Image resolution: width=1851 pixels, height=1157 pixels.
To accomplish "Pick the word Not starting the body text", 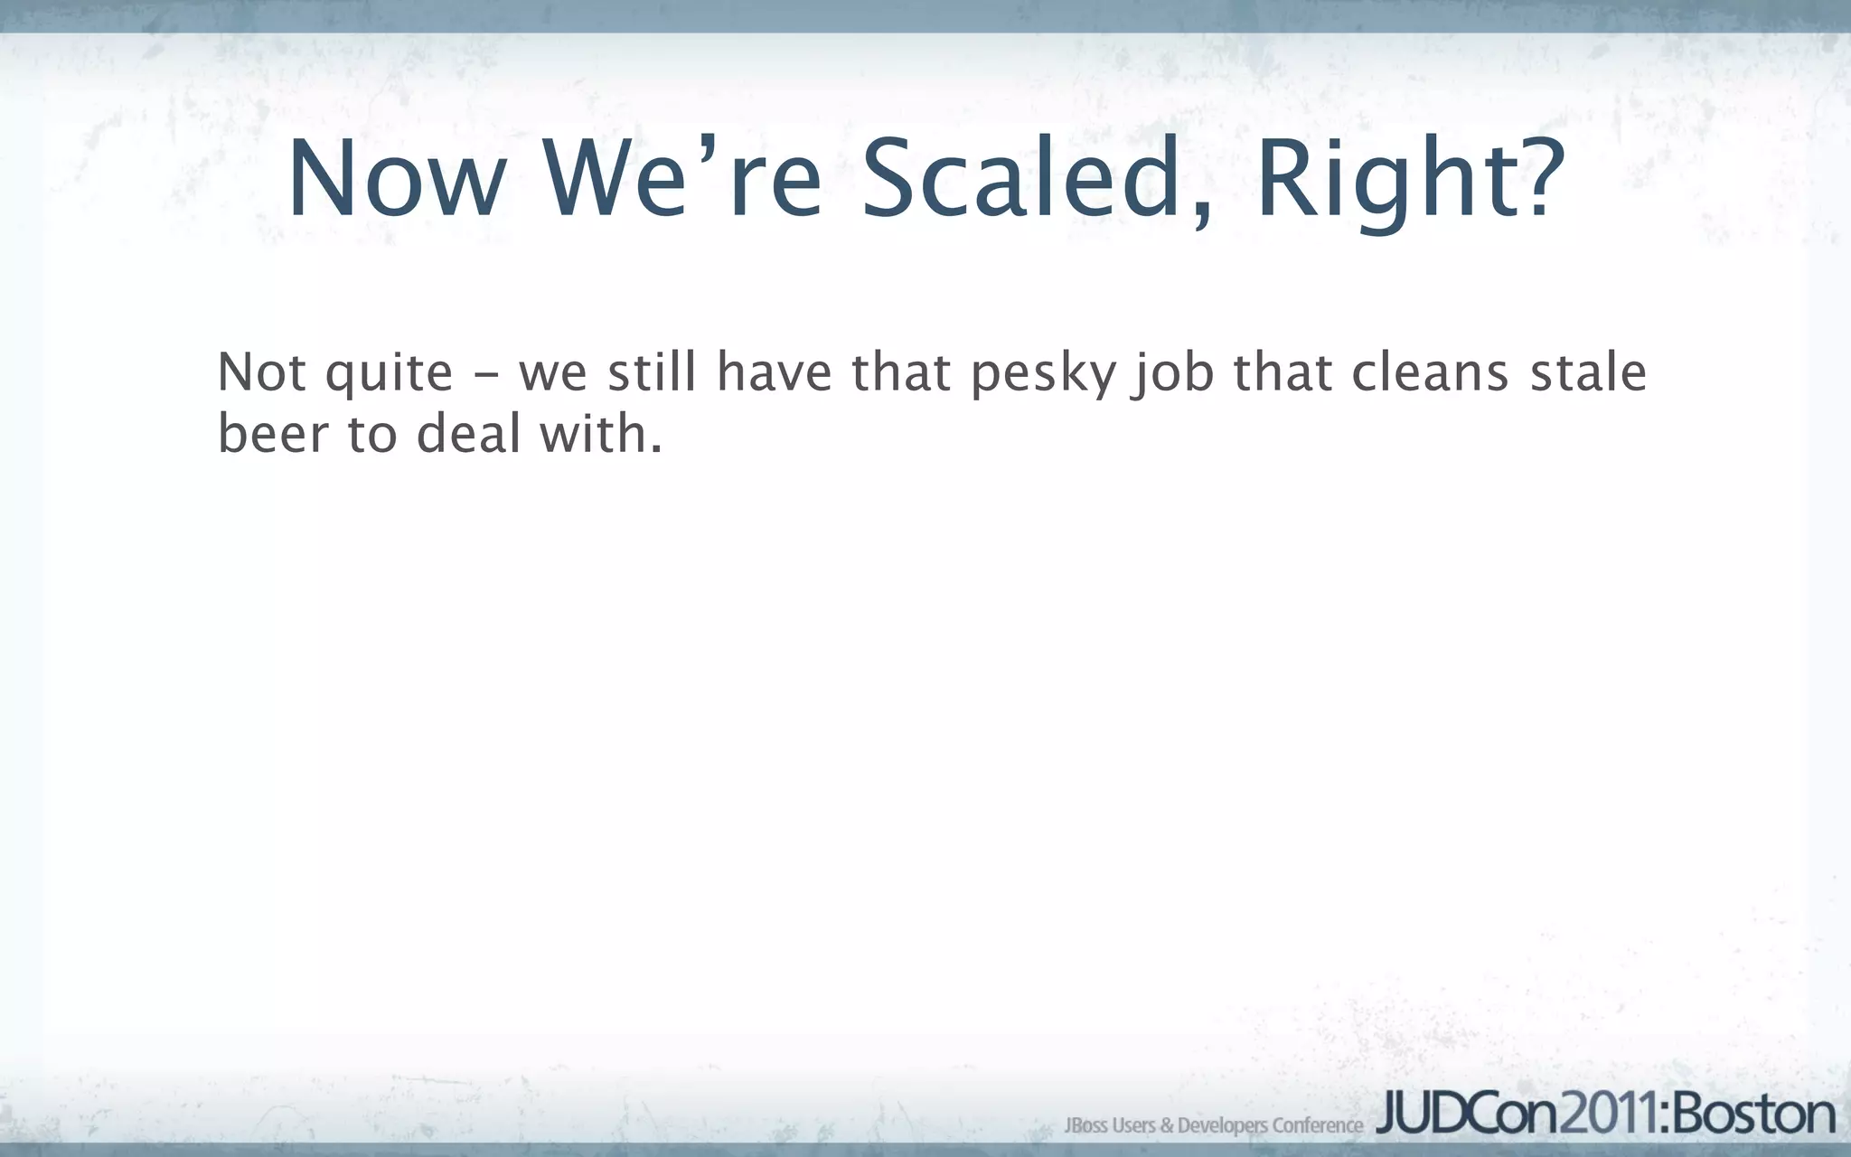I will point(261,372).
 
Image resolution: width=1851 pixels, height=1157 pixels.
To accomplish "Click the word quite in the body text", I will point(389,374).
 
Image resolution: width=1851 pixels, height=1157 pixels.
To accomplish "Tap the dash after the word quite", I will point(485,374).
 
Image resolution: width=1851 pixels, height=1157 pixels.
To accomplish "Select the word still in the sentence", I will point(652,372).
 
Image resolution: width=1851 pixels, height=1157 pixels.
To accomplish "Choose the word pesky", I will point(1043,374).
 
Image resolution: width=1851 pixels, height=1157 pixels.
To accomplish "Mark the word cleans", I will point(1430,372).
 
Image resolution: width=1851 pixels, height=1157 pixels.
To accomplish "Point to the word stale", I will point(1588,372).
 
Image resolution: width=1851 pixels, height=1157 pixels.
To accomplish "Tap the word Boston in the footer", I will point(1753,1114).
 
